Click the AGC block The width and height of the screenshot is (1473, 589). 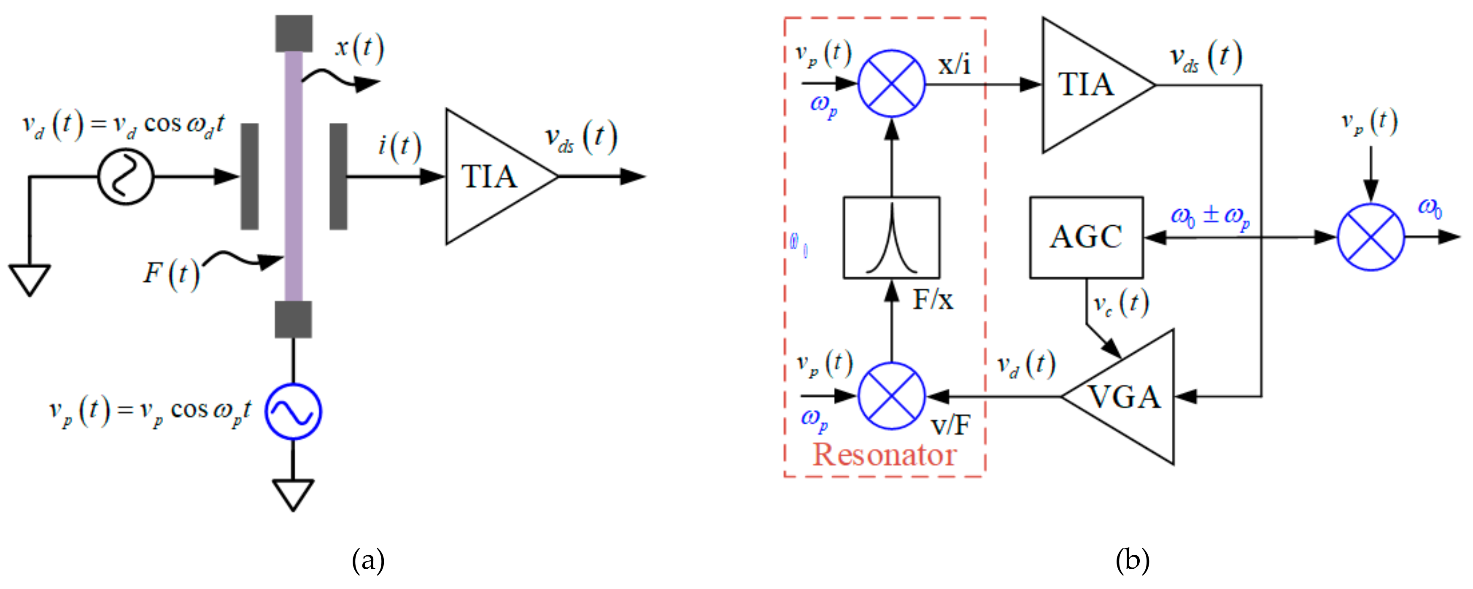click(1086, 237)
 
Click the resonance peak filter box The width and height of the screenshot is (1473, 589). click(891, 237)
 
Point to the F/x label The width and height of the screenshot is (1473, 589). click(933, 300)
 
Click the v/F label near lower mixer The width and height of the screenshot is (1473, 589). click(951, 425)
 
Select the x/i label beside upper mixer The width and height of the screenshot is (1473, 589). click(954, 65)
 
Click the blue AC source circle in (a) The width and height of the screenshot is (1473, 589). click(293, 411)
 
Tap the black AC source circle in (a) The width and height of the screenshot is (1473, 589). click(126, 177)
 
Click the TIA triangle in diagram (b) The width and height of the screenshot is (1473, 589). click(1087, 85)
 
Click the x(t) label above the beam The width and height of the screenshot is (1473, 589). click(359, 48)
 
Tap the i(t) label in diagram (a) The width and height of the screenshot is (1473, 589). click(399, 146)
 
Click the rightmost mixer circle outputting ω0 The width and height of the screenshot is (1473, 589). click(1370, 237)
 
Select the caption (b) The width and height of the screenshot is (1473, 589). click(1132, 560)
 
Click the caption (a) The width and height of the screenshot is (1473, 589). click(368, 560)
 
